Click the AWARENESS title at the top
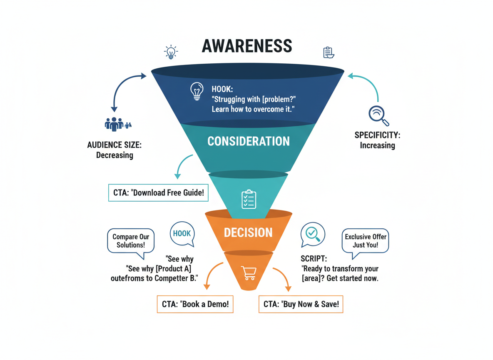(246, 46)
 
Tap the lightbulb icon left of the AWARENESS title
(171, 52)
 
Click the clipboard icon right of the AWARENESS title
(329, 52)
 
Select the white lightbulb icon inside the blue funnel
(197, 91)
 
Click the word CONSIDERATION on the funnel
(249, 141)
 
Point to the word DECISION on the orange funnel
(248, 232)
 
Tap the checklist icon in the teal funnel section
(249, 199)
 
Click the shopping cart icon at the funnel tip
(249, 273)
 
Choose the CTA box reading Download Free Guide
(158, 193)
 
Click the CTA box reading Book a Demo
(195, 304)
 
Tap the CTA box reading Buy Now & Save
(301, 304)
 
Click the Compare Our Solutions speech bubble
(131, 241)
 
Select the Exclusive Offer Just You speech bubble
(365, 240)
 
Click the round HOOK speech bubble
(182, 234)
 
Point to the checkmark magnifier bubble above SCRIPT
(313, 234)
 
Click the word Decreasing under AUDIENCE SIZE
(115, 155)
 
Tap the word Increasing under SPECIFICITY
(377, 145)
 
